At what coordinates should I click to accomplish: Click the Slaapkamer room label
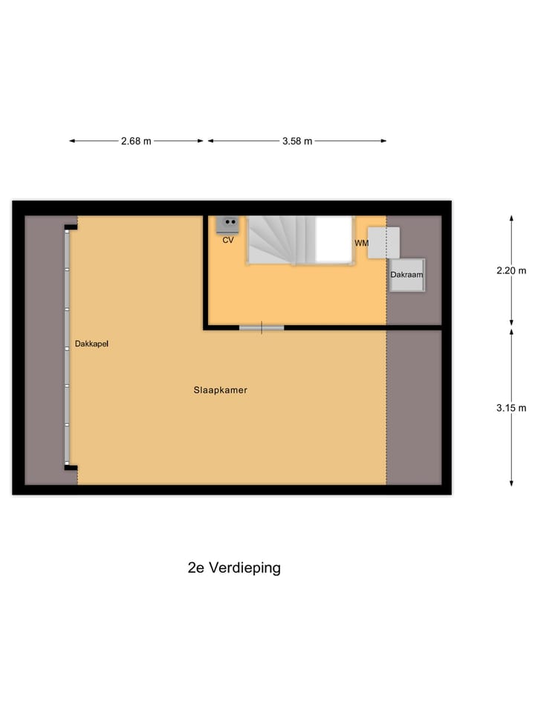coord(220,389)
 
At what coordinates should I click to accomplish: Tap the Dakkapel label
coord(91,344)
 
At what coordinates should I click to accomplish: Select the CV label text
coord(228,240)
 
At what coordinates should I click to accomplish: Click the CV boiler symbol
coord(227,223)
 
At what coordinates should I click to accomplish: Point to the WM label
coord(361,243)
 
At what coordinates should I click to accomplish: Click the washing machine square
coord(384,243)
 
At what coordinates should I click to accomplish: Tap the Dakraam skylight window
coord(406,275)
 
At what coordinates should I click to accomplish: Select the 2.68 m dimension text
coord(136,141)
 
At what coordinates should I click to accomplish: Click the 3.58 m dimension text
coord(297,141)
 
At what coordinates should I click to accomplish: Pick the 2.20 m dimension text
coord(511,270)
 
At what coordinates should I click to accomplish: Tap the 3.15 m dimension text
coord(511,408)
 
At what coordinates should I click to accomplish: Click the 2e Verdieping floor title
coord(234,568)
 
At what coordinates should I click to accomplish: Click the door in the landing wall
coord(262,328)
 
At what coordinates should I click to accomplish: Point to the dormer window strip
coord(68,346)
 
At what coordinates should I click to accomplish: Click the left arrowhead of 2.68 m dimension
coord(72,141)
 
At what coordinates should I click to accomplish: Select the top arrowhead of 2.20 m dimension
coord(511,218)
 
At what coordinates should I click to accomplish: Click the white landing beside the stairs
coord(333,238)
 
